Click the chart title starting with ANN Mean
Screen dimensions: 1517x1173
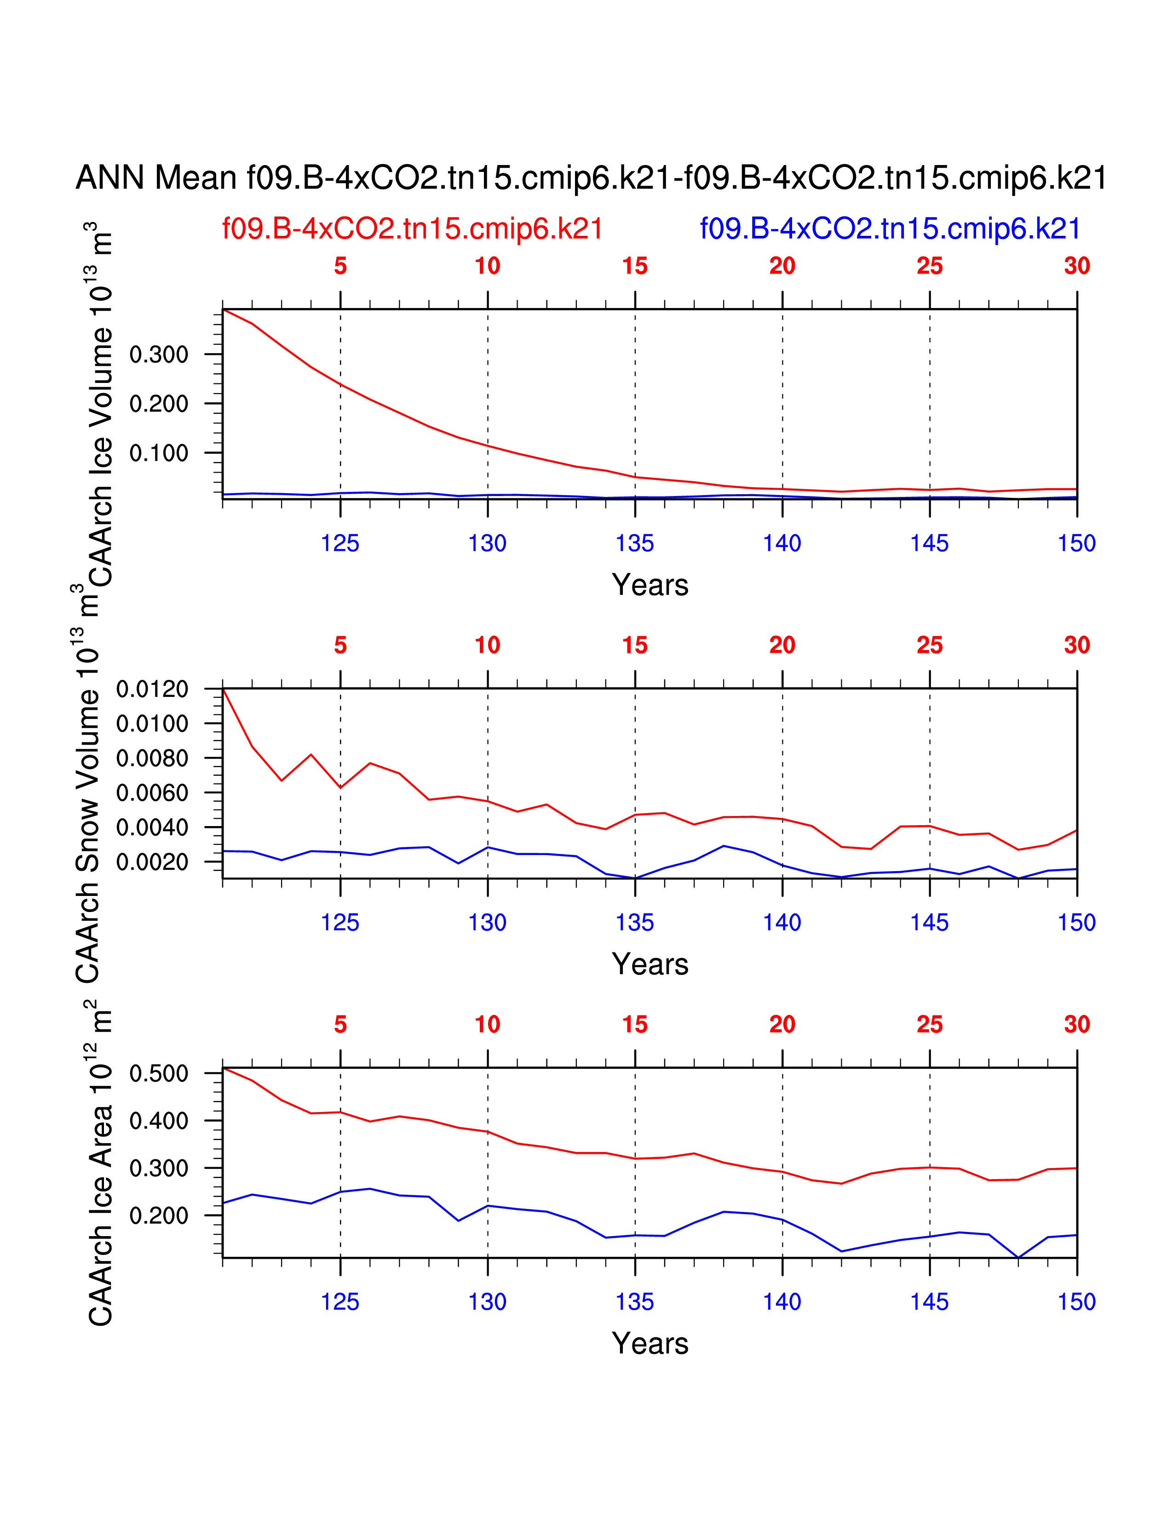(591, 178)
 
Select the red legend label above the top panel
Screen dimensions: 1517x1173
(412, 228)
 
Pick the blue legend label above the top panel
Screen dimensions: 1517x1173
(890, 228)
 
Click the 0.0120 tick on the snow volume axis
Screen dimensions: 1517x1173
(152, 689)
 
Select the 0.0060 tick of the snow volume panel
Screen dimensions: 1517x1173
(152, 793)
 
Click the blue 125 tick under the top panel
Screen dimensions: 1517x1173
(340, 543)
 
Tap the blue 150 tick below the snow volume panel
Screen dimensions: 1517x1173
(1076, 923)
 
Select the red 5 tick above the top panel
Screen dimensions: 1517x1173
(340, 266)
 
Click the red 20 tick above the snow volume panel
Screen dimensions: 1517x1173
(782, 645)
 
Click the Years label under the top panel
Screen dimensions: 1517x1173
(650, 585)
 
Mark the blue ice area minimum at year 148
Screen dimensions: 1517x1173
(1018, 1257)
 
